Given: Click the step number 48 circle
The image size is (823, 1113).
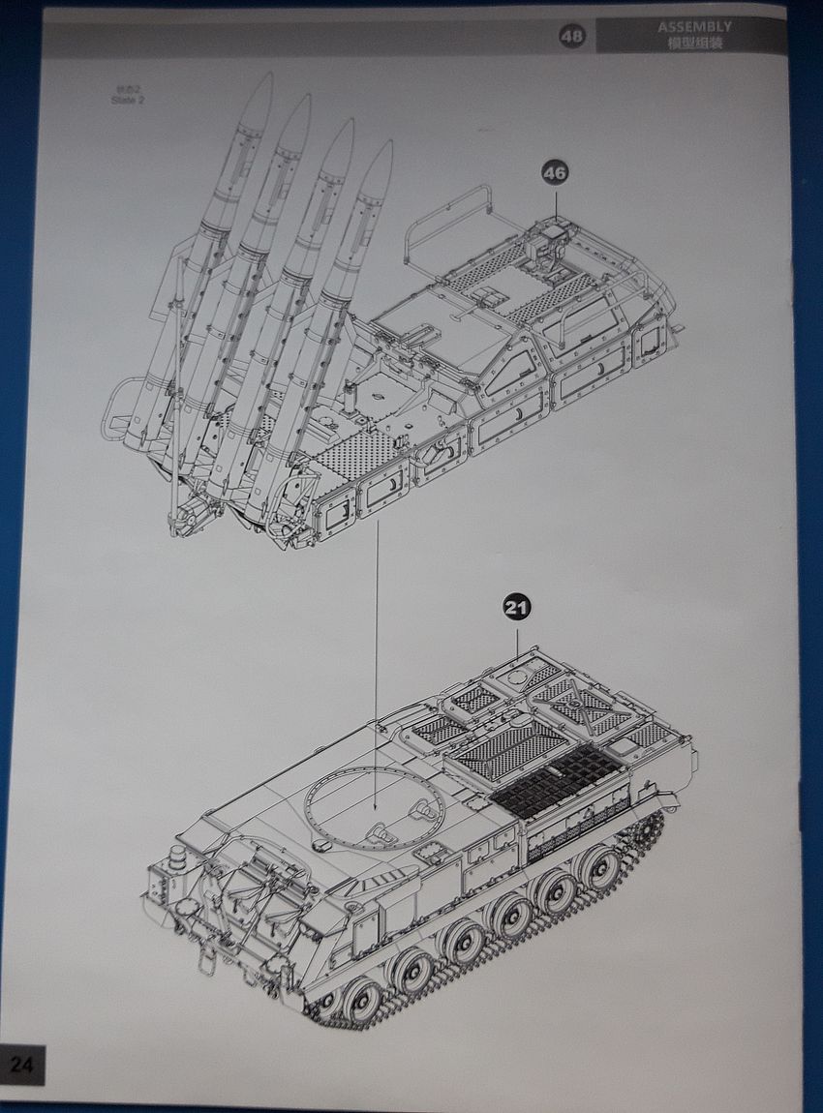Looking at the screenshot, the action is tap(572, 37).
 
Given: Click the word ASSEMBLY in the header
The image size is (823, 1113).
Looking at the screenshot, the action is tap(694, 27).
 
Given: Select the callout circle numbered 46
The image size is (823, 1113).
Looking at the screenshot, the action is tap(555, 173).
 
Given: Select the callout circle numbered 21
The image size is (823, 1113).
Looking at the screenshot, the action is tap(517, 608).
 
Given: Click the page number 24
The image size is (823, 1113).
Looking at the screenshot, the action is tap(22, 1065).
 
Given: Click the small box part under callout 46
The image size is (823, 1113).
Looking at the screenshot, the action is tap(553, 232).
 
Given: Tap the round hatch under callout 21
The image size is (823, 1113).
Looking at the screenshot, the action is tap(521, 669).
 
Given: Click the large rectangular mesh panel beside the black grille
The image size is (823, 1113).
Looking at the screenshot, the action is tap(511, 747).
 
